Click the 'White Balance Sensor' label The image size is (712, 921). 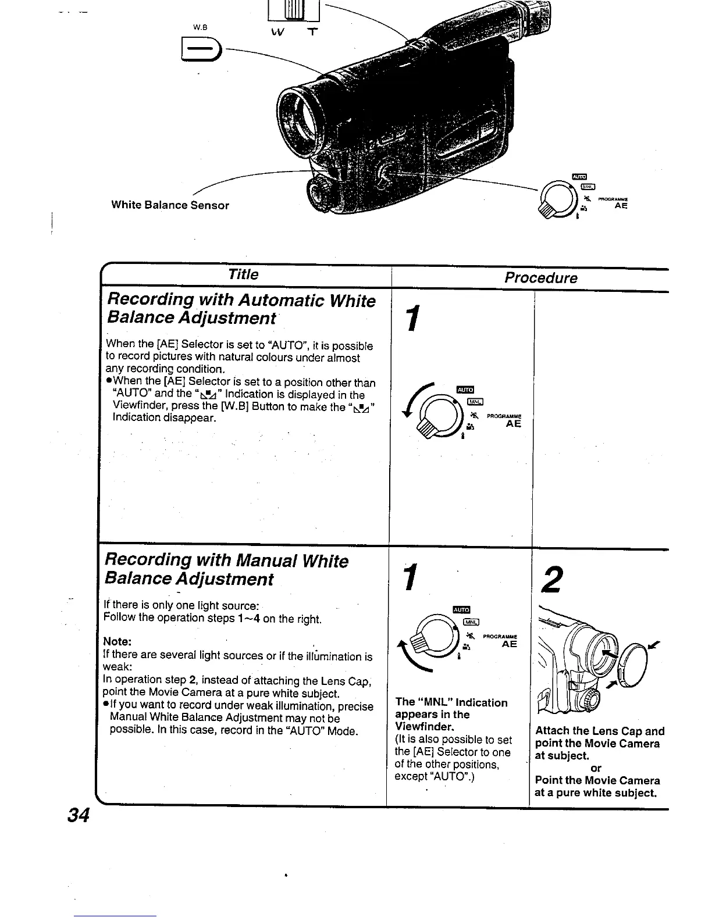coord(170,205)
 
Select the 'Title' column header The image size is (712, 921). coord(243,274)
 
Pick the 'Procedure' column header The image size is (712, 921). coord(540,277)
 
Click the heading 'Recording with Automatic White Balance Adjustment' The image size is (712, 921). coord(240,309)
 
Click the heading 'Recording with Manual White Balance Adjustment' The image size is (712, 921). coord(226,570)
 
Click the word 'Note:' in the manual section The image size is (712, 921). coord(118,641)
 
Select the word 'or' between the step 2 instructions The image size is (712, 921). coord(596,768)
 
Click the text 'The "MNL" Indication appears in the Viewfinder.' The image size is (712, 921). coord(451,714)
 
